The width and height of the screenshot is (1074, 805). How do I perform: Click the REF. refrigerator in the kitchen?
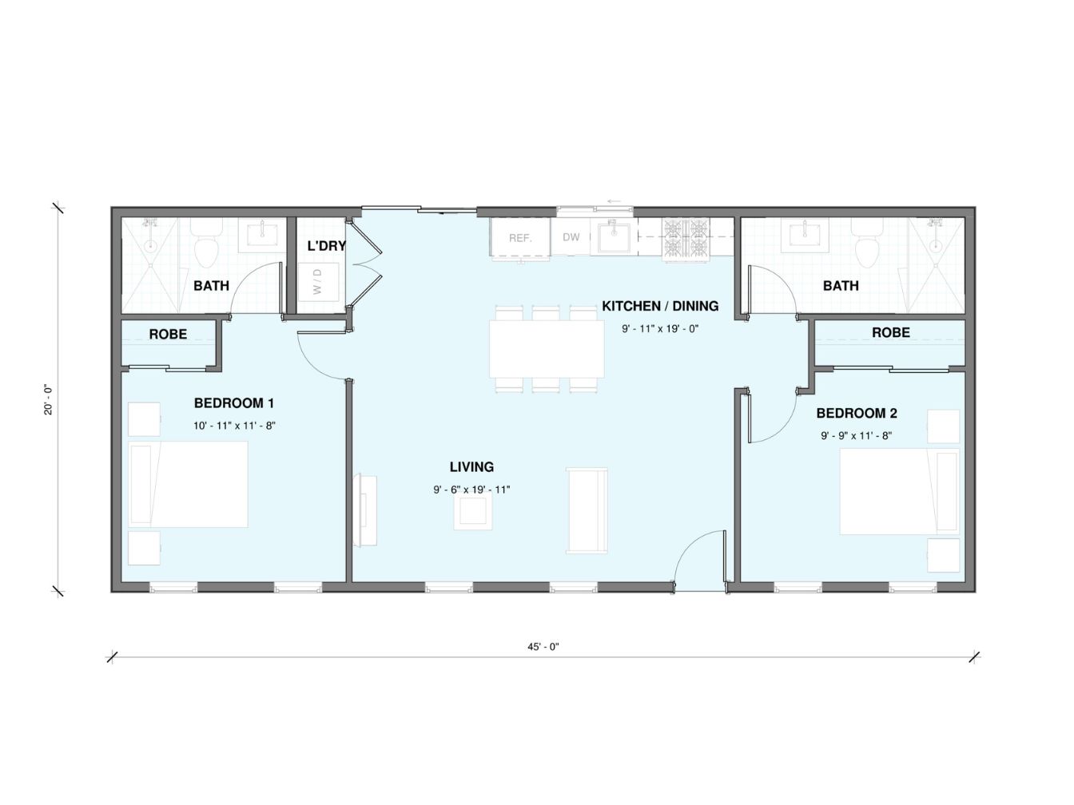tap(520, 237)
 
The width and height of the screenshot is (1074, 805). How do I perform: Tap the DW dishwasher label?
tap(571, 237)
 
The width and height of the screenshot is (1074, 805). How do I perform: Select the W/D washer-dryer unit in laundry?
tap(318, 282)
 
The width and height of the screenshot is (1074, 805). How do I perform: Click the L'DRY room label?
tap(326, 246)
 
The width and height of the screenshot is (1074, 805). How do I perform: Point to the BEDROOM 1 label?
tap(234, 403)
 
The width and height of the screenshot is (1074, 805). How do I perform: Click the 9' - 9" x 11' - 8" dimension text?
tap(857, 436)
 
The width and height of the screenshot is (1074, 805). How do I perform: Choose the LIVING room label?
tap(471, 467)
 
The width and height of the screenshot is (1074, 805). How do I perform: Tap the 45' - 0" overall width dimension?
tap(543, 647)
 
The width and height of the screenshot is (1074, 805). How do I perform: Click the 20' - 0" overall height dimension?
tap(48, 399)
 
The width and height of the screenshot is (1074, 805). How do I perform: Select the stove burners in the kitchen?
tap(686, 240)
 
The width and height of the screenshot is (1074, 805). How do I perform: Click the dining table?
tap(547, 348)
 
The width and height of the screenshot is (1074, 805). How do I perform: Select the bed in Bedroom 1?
tap(188, 485)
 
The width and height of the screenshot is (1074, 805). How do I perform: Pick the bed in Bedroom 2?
tap(899, 491)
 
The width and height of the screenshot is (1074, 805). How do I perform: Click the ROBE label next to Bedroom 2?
tap(891, 332)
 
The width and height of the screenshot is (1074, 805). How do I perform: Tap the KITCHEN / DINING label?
tap(660, 306)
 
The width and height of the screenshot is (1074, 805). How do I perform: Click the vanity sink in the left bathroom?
tap(262, 235)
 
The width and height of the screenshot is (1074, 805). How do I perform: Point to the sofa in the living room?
tap(587, 510)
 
